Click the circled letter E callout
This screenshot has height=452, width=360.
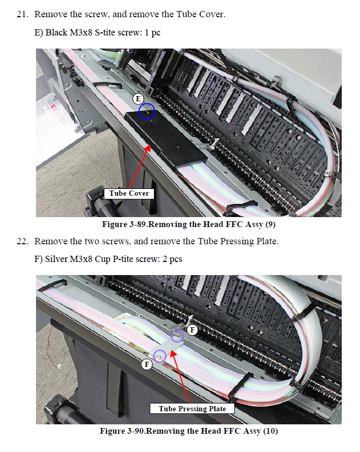pos(138,99)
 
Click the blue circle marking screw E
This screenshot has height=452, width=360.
pos(147,111)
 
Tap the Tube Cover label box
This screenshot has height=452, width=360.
pos(129,194)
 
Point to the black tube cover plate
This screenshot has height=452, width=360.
pos(166,140)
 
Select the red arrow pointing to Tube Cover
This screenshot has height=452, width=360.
pos(139,166)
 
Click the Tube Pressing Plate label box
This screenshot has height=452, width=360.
pos(192,409)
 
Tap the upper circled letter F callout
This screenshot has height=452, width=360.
pos(192,330)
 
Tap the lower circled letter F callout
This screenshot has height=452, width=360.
pos(147,365)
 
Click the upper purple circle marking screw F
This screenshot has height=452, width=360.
pos(177,335)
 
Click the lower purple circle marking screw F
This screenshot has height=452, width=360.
pos(160,356)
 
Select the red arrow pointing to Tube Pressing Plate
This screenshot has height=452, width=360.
pos(180,376)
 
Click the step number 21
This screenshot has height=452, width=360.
pos(23,15)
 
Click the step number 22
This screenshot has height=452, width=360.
pos(23,241)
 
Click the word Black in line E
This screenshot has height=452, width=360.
pos(56,32)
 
